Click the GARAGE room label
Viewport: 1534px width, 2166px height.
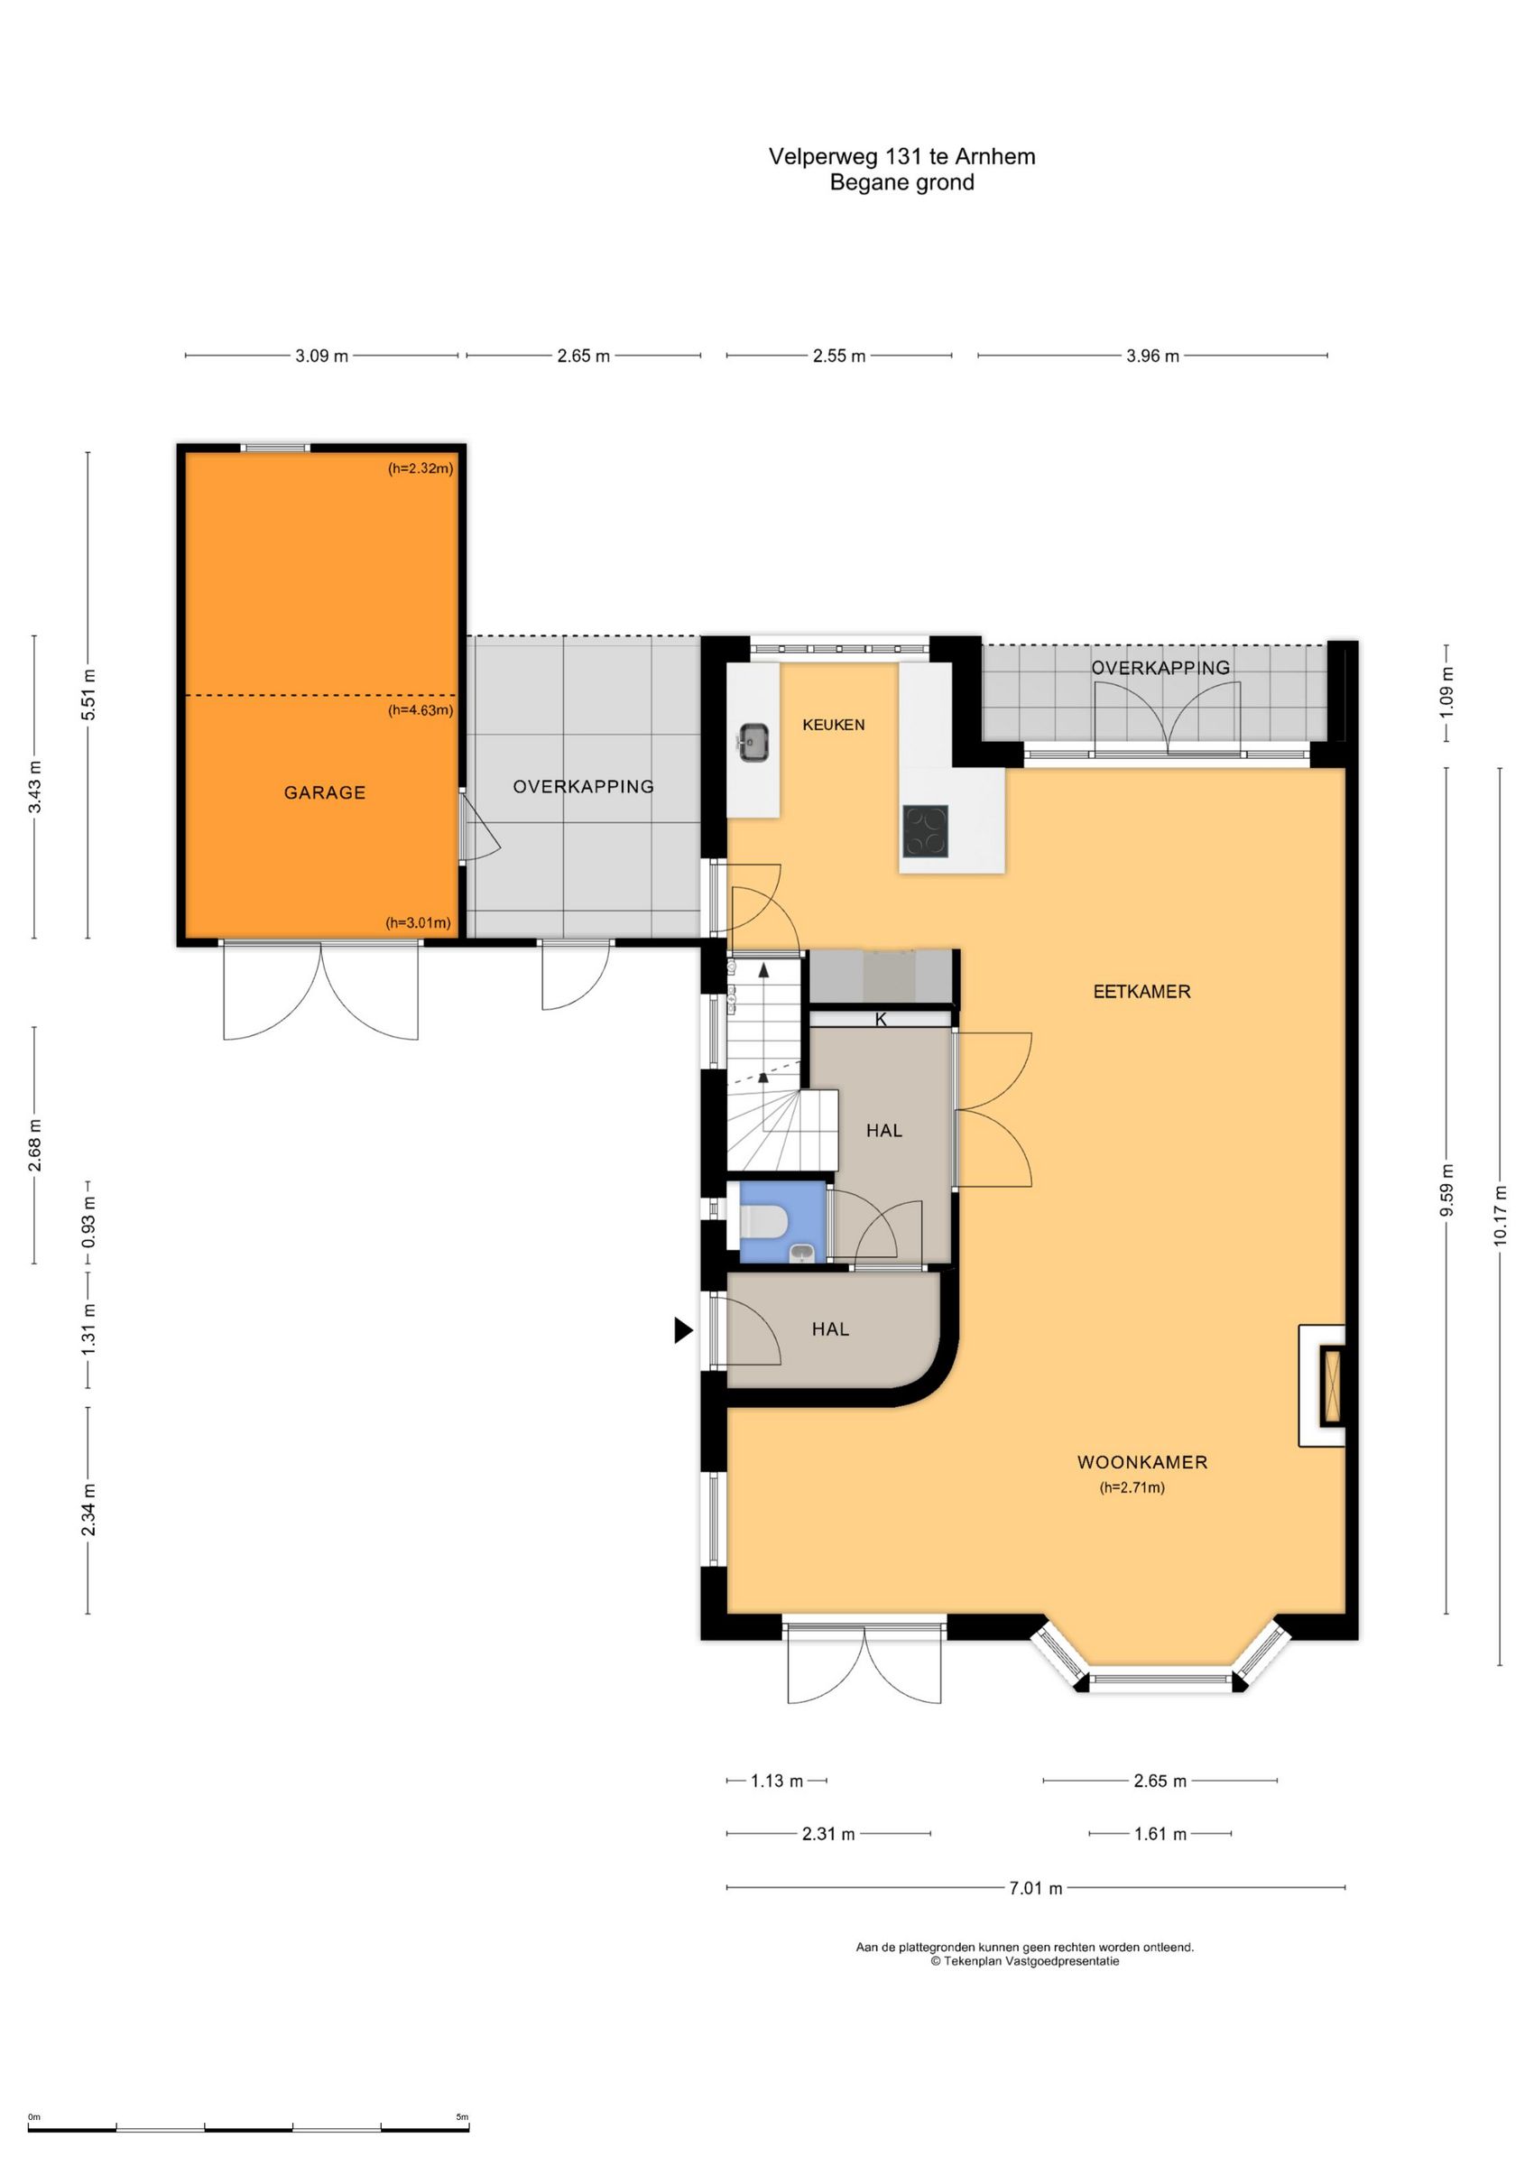(x=325, y=792)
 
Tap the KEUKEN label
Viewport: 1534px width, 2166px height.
(x=833, y=725)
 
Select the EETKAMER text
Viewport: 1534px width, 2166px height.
(x=1141, y=991)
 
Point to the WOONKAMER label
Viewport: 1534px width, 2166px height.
(x=1142, y=1461)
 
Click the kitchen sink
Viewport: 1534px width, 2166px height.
(x=753, y=742)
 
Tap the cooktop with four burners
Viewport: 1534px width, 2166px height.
(x=925, y=831)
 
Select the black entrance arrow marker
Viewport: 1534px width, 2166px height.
(x=683, y=1330)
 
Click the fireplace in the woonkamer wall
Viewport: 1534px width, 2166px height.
(x=1333, y=1387)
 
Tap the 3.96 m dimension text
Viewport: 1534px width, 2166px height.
(x=1152, y=356)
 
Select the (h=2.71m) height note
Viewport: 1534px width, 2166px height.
(x=1132, y=1486)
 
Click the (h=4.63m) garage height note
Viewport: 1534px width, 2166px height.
(x=420, y=710)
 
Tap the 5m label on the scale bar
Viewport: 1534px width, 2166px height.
(x=462, y=2117)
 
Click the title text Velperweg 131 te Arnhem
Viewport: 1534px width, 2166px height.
(x=902, y=157)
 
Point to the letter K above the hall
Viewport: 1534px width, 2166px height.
(x=882, y=1019)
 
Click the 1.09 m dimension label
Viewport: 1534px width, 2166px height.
(x=1446, y=691)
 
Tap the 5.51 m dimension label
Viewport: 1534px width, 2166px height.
(x=88, y=694)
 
